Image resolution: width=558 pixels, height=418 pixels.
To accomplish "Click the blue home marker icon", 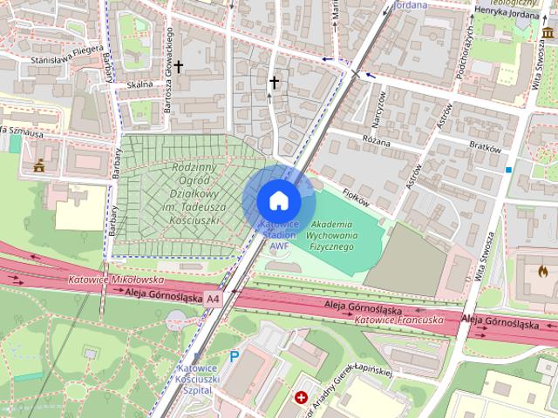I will [279, 201].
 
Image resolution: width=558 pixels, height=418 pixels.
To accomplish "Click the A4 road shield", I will [214, 298].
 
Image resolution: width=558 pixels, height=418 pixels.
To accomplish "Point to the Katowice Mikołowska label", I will [116, 280].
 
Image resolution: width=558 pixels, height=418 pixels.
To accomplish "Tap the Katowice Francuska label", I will [399, 320].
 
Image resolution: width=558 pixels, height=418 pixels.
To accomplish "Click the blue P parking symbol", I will [234, 355].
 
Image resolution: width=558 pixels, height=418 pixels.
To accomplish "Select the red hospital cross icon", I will [302, 398].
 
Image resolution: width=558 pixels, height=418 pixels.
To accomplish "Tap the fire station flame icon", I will [541, 271].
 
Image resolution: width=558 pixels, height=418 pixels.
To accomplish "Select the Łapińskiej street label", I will [373, 367].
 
